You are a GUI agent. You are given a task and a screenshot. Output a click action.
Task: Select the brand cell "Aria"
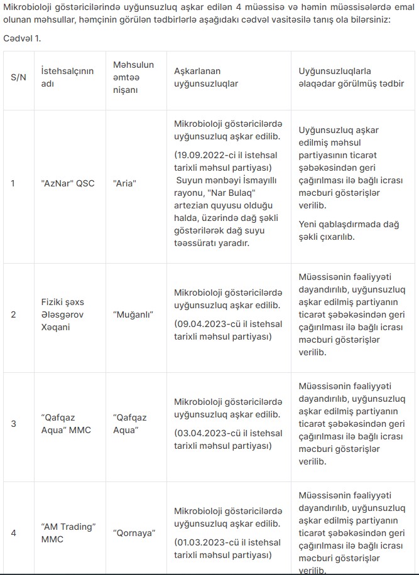pos(125,183)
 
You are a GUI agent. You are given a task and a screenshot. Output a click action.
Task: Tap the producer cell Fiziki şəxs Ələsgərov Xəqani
pos(67,314)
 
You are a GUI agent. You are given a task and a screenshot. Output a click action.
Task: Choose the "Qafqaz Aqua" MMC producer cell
pos(66,423)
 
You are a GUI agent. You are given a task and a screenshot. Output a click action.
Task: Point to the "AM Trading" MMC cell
pos(67,532)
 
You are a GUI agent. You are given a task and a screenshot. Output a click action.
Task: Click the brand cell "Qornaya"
pos(134,532)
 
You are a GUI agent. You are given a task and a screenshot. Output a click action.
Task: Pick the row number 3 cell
pos(14,423)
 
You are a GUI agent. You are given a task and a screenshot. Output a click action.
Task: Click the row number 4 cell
pos(14,532)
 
